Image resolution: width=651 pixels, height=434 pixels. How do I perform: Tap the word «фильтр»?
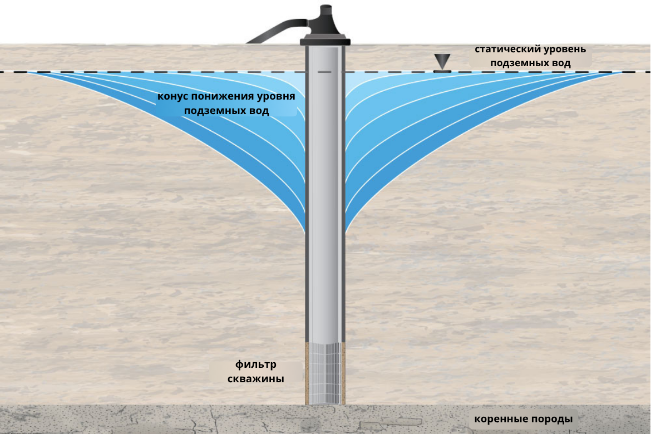tap(256, 366)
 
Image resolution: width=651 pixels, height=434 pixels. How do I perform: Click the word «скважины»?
tap(256, 379)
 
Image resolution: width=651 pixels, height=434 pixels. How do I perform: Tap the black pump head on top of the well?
tap(325, 22)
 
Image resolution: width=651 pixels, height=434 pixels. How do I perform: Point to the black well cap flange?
tap(325, 41)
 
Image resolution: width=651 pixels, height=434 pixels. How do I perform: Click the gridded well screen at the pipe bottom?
tap(325, 373)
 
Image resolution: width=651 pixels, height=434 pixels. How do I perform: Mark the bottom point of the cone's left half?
tap(304, 229)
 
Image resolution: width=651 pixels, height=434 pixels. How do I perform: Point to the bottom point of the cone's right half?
tap(347, 229)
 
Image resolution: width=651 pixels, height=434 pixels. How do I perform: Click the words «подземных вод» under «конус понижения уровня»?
tap(226, 111)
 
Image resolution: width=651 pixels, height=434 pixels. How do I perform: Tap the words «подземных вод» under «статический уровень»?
tap(530, 63)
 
